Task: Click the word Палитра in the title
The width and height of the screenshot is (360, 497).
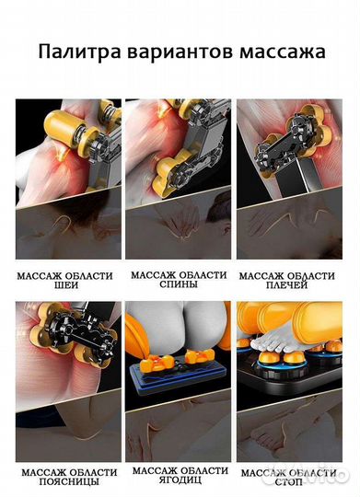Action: pyautogui.click(x=79, y=52)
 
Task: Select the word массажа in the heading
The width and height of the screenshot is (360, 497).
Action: pyautogui.click(x=283, y=52)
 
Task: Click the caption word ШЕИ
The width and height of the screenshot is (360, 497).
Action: pyautogui.click(x=66, y=285)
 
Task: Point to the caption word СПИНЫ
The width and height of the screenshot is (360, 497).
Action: pyautogui.click(x=179, y=284)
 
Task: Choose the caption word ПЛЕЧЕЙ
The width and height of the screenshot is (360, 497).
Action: pyautogui.click(x=286, y=285)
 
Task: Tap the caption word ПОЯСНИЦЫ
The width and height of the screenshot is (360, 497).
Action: pyautogui.click(x=69, y=481)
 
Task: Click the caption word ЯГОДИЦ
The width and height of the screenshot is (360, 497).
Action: pyautogui.click(x=180, y=480)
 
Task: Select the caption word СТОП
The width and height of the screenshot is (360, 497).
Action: pyautogui.click(x=288, y=482)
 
